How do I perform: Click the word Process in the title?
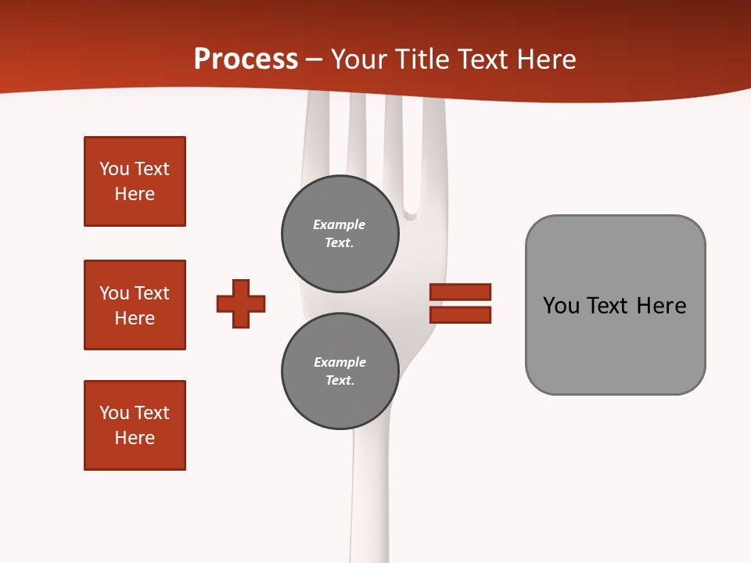coord(246,59)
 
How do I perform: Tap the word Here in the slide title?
coord(544,59)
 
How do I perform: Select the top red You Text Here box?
coord(135,181)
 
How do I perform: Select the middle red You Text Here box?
coord(135,305)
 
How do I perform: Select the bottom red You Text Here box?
coord(135,425)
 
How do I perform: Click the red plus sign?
coord(241,303)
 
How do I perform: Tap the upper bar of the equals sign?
coord(460,292)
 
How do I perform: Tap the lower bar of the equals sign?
coord(460,315)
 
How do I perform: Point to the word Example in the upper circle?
coord(339,225)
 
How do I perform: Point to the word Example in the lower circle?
coord(340,363)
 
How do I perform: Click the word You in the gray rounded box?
coord(562,306)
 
